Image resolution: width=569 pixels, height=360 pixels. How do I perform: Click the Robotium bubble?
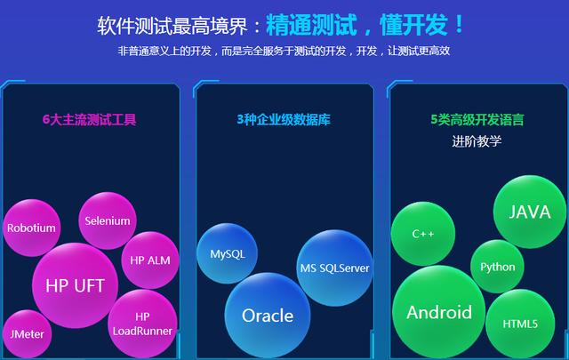tap(32, 228)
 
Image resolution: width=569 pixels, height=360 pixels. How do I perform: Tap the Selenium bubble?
tap(107, 220)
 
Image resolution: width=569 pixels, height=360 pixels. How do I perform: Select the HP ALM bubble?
tap(149, 260)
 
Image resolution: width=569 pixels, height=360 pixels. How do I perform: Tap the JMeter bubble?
tap(27, 333)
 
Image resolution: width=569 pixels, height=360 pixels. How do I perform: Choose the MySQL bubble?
tap(227, 254)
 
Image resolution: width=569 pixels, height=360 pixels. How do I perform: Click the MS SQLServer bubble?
tap(334, 268)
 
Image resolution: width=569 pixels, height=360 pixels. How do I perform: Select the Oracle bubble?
tap(268, 316)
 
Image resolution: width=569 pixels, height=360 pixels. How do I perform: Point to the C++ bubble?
tap(423, 234)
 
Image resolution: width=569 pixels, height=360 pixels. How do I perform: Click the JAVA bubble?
tap(530, 212)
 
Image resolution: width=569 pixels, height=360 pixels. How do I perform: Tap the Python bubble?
tap(497, 267)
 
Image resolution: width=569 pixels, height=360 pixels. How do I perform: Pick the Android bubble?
tap(439, 312)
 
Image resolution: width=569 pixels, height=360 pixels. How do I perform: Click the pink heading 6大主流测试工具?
tap(89, 119)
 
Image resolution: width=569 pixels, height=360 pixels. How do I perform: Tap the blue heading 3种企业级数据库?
tap(284, 119)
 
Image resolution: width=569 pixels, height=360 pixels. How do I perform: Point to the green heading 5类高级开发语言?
tap(477, 119)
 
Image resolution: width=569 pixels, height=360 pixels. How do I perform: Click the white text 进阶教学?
tap(477, 140)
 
